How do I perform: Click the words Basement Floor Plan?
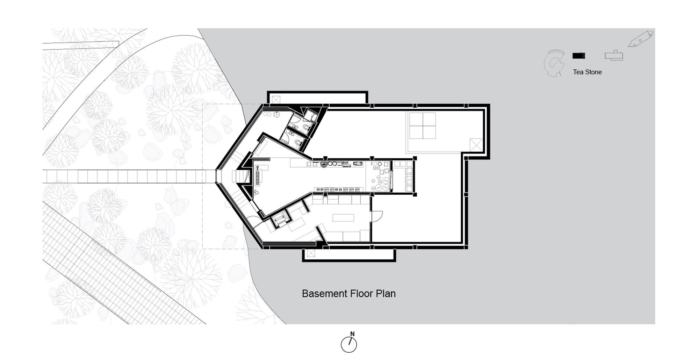[348, 294]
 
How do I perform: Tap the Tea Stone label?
[587, 72]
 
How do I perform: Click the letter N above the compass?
[352, 334]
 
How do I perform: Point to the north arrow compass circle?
[349, 345]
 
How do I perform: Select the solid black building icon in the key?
[578, 56]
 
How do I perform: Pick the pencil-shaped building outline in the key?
[640, 39]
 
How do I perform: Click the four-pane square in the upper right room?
[423, 125]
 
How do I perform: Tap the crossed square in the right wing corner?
[476, 145]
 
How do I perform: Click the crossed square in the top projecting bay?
[276, 100]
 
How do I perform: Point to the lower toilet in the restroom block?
[298, 143]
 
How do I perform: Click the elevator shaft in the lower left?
[280, 219]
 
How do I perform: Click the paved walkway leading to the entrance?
[129, 177]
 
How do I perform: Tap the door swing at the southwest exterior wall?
[254, 222]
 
